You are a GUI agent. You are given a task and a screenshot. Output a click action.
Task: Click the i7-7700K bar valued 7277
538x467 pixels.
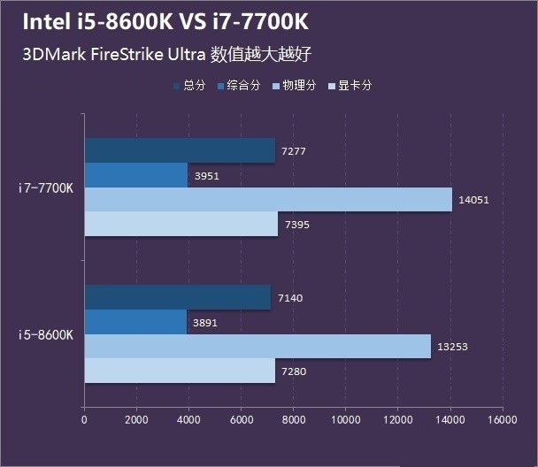click(x=180, y=151)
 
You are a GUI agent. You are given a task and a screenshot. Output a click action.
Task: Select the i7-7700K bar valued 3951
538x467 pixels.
click(x=136, y=175)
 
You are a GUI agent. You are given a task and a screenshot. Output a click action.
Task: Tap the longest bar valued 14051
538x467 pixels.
click(x=268, y=200)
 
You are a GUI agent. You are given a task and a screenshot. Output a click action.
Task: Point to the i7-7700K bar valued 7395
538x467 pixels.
click(x=181, y=225)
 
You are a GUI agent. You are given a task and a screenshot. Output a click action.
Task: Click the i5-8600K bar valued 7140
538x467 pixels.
click(x=178, y=297)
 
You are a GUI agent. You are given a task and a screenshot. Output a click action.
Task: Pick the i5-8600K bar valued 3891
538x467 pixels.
click(x=135, y=322)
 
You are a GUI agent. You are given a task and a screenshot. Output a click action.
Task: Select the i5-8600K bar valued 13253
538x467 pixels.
click(x=257, y=347)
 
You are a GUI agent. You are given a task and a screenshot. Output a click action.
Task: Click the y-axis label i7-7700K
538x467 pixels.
click(x=47, y=188)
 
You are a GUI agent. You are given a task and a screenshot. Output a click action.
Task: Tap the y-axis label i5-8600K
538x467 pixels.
click(x=47, y=334)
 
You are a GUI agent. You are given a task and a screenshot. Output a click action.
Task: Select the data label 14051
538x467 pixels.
click(x=474, y=201)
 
